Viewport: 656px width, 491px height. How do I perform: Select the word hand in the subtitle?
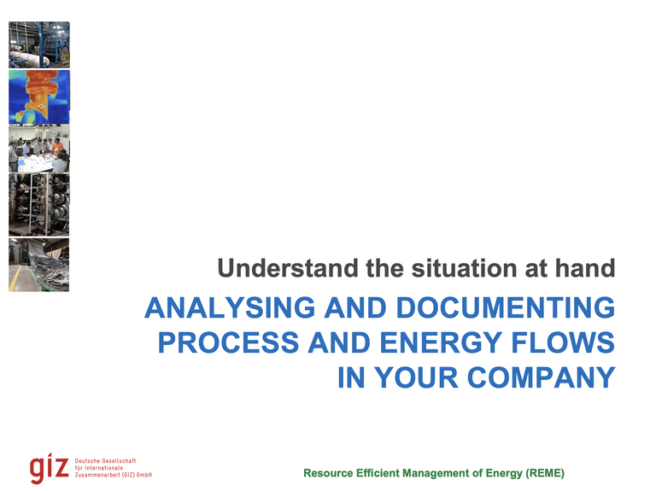(588, 269)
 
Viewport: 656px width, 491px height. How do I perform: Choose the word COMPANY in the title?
(533, 377)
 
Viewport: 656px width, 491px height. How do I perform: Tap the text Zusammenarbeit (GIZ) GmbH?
(114, 475)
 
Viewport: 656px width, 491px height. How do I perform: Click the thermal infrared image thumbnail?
(39, 96)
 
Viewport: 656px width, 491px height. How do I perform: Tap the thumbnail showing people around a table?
(39, 150)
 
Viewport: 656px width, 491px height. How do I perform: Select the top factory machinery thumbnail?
(39, 44)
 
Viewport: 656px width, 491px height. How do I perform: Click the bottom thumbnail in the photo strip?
(39, 265)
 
